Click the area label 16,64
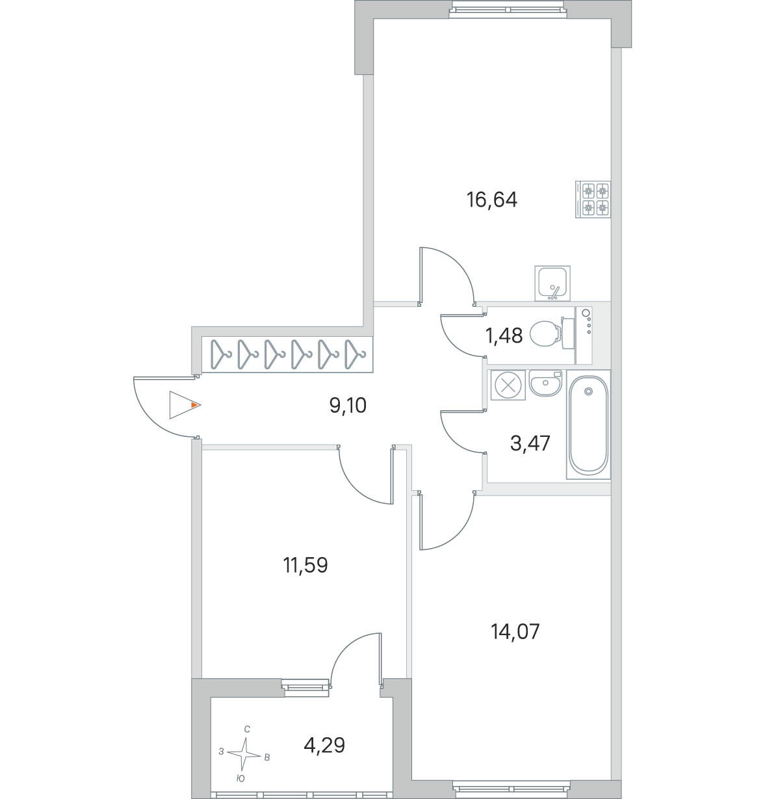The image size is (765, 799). (x=491, y=200)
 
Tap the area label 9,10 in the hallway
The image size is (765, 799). (x=348, y=405)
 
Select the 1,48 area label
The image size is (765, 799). (x=504, y=335)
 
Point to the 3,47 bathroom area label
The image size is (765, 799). (x=530, y=443)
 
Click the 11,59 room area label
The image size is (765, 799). (x=305, y=565)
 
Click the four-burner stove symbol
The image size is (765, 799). (x=593, y=199)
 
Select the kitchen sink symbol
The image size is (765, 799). (x=552, y=283)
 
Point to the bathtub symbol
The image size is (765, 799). (x=588, y=425)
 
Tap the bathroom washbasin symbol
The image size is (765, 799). (x=545, y=384)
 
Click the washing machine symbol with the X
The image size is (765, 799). (x=508, y=385)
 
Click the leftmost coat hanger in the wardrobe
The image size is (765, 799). (x=221, y=354)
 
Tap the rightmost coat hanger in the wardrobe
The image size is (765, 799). (x=355, y=354)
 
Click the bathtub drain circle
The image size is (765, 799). (x=588, y=391)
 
